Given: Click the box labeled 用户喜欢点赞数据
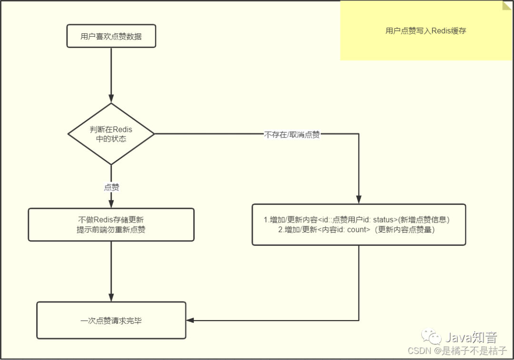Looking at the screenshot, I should (x=111, y=36).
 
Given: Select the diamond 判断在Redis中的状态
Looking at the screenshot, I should (x=111, y=134).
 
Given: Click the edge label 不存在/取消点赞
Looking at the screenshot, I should (x=292, y=134).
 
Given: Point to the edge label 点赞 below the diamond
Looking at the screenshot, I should (x=111, y=187).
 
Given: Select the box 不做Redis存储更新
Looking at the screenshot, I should (x=111, y=224).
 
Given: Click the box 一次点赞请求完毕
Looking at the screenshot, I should (x=111, y=321).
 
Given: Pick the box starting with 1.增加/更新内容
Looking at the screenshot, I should (x=358, y=224).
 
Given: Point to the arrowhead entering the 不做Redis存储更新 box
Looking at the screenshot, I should (x=111, y=204).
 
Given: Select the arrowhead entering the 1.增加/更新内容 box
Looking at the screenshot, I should (x=358, y=200).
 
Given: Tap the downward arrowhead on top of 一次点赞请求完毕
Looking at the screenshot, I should (x=111, y=298).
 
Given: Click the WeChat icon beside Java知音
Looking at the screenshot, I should (x=434, y=338).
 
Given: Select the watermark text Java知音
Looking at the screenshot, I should (x=471, y=338).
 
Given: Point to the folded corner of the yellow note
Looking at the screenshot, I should (x=508, y=6).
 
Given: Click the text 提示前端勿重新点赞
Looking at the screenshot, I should (x=111, y=230).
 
